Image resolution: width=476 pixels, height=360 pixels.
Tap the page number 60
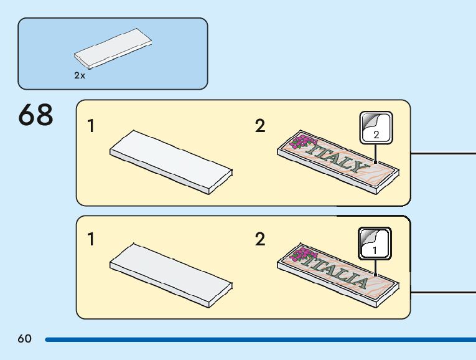coord(24,339)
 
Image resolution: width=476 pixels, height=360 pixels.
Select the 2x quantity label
coord(80,75)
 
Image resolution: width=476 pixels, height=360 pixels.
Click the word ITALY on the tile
coord(339,158)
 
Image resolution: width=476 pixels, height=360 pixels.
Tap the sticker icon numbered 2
coord(376,128)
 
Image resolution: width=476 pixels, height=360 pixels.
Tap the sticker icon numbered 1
coord(375,243)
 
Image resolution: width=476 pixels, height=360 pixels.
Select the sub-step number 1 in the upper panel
coord(91,126)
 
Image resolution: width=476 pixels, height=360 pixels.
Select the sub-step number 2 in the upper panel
coord(260,126)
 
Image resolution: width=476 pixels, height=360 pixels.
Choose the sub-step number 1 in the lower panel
coord(91,239)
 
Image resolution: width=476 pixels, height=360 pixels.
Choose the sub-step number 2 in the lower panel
coord(260,239)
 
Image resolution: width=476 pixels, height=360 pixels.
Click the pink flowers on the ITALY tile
coord(304,142)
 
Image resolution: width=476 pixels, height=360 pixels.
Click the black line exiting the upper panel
coord(443,152)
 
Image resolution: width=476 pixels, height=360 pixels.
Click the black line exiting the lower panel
coord(443,291)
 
